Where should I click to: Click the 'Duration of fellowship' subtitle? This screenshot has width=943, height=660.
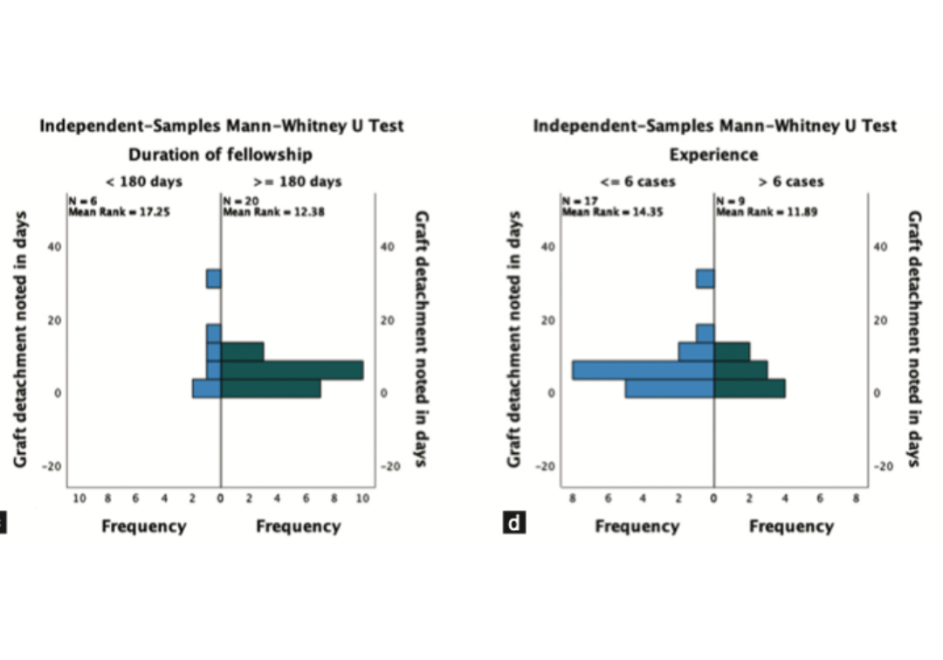point(220,155)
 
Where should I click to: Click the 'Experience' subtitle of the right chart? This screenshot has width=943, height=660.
point(714,155)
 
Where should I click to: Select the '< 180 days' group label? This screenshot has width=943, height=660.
point(143,182)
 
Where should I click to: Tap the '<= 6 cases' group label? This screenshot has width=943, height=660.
point(637,182)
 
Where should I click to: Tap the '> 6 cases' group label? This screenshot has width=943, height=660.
point(791,182)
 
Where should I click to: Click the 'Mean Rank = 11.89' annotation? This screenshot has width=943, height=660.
point(766,211)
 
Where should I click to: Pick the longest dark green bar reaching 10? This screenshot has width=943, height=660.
point(292,370)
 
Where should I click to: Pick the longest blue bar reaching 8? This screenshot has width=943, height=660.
point(644,370)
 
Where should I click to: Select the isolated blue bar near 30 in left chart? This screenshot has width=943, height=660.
point(213,278)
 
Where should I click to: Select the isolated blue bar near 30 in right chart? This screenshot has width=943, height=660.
point(706,278)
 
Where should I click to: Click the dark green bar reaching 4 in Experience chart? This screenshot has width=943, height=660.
point(749,388)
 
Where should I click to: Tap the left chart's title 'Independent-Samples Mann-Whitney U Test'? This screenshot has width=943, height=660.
point(222,126)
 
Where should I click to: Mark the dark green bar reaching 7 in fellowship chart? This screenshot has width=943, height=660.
point(271,388)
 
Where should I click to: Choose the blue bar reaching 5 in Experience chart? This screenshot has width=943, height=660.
point(670,388)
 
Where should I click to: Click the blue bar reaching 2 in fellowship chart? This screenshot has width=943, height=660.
point(207,388)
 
